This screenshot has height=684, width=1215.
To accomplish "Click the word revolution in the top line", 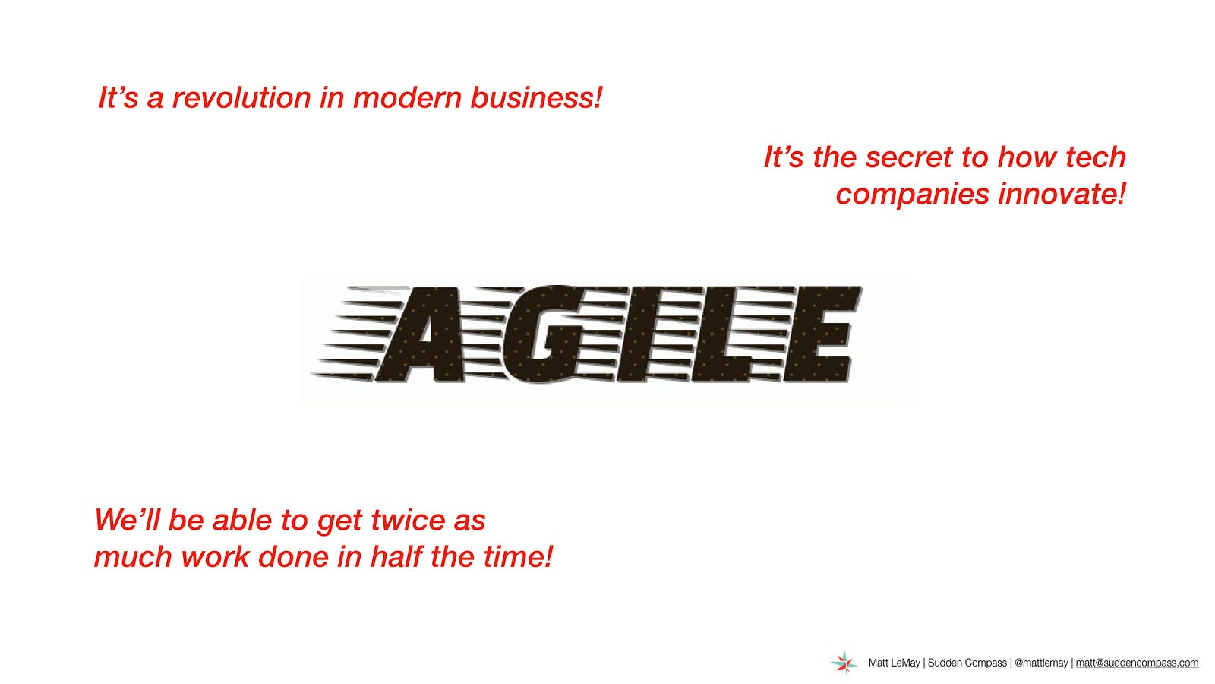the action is (x=241, y=98).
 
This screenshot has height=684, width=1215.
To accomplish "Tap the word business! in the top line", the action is (x=536, y=98).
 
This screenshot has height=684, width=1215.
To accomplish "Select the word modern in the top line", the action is (x=407, y=98).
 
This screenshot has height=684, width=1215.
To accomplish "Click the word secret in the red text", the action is (x=908, y=157).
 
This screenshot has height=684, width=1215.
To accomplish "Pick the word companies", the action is (x=912, y=195).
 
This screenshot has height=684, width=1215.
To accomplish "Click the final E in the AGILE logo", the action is (x=822, y=334).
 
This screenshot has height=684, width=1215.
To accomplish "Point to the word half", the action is (x=395, y=557).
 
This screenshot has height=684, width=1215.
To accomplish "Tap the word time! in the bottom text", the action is (x=517, y=557).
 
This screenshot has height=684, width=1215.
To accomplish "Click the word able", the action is (x=242, y=520).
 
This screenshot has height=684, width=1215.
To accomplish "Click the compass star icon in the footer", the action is (x=844, y=663).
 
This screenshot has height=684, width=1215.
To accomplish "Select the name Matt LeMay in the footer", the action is (x=894, y=663).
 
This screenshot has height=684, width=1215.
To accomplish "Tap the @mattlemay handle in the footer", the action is (x=1041, y=663).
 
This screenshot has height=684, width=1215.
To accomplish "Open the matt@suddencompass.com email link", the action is (x=1137, y=663).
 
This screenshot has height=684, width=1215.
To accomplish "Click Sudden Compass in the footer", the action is (x=967, y=663).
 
